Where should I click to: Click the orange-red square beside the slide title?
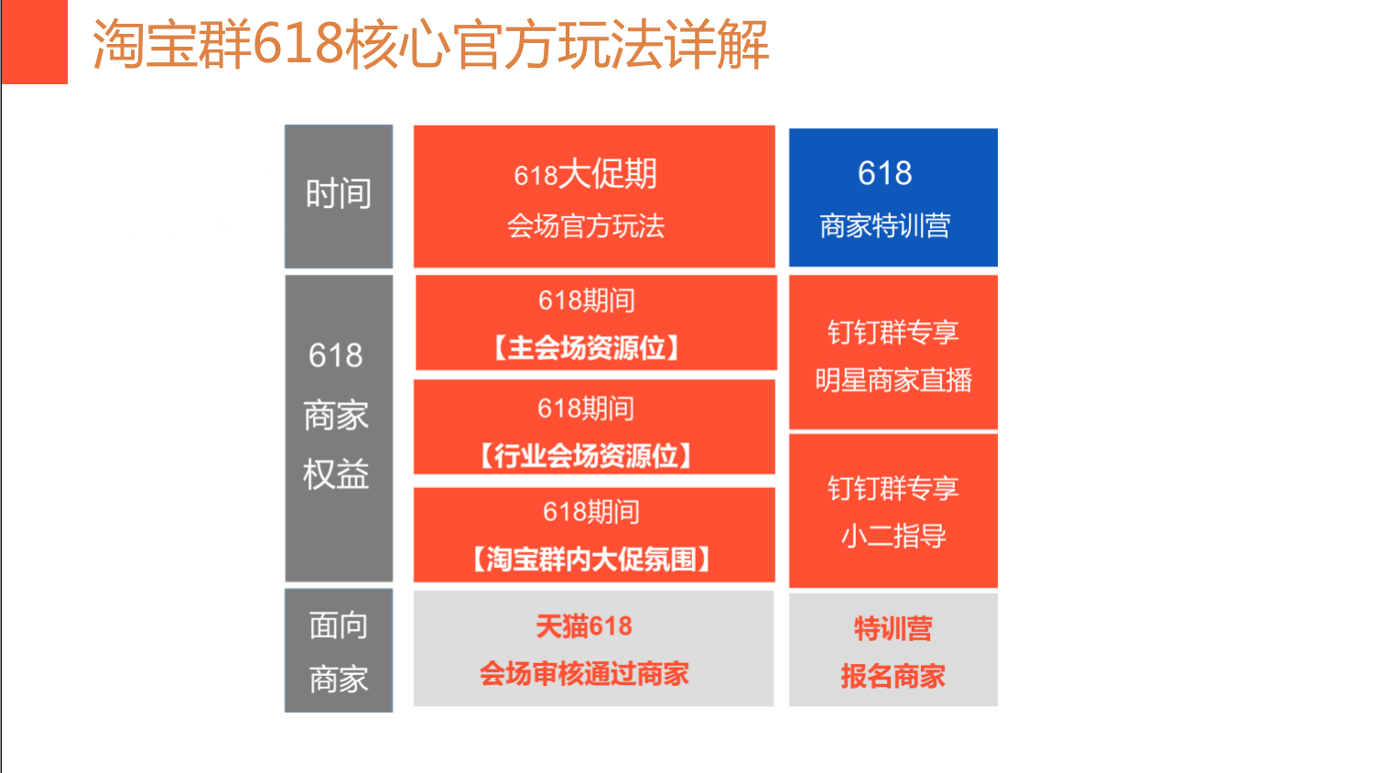[x=35, y=42]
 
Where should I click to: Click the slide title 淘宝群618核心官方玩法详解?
[x=431, y=44]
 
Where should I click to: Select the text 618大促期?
[x=586, y=174]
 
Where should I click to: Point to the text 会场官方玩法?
[x=586, y=226]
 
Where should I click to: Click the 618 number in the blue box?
[x=884, y=172]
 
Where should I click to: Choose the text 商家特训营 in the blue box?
[x=884, y=225]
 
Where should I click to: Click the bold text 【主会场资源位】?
[x=586, y=348]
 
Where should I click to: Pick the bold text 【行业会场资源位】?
[x=586, y=455]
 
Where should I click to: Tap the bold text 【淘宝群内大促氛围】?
[x=591, y=560]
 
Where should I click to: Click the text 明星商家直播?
[x=893, y=380]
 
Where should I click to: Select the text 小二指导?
[x=893, y=536]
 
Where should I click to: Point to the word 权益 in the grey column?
[x=336, y=474]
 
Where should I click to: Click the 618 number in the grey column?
[x=336, y=354]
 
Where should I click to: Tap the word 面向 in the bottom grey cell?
[x=338, y=626]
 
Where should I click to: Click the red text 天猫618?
[x=584, y=626]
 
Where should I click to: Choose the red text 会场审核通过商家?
[x=584, y=673]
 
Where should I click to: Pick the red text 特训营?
[x=893, y=628]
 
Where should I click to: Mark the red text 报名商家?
[x=893, y=676]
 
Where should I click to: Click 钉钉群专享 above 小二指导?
[x=893, y=489]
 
